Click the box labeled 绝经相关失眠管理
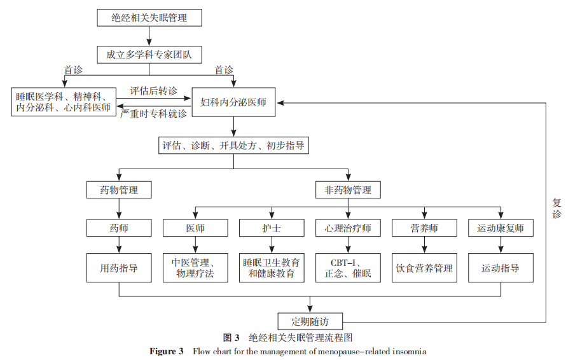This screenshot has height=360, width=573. (149, 17)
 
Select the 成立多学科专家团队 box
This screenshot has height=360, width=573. (149, 55)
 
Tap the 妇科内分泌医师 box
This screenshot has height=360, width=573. (233, 102)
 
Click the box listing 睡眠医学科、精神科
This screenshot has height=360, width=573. (64, 102)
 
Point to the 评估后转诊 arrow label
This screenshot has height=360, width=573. (153, 90)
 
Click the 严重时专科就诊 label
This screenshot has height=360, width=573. (153, 114)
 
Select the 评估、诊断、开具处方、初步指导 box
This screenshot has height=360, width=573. (233, 146)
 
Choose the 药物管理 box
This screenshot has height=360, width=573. (119, 190)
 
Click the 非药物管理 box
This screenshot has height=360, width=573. (348, 190)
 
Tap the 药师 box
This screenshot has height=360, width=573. (119, 228)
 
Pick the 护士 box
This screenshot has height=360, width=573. (272, 228)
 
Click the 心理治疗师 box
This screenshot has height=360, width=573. (348, 228)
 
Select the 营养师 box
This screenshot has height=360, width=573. (424, 228)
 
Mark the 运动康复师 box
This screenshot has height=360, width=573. (501, 228)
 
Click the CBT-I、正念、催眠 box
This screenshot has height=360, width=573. (348, 268)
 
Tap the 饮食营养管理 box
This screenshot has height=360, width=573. (424, 268)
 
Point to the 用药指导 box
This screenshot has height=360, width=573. (119, 268)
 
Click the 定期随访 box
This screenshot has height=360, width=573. (310, 321)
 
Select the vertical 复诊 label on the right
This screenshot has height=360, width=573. (556, 209)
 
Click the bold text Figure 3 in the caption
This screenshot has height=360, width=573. (166, 351)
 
